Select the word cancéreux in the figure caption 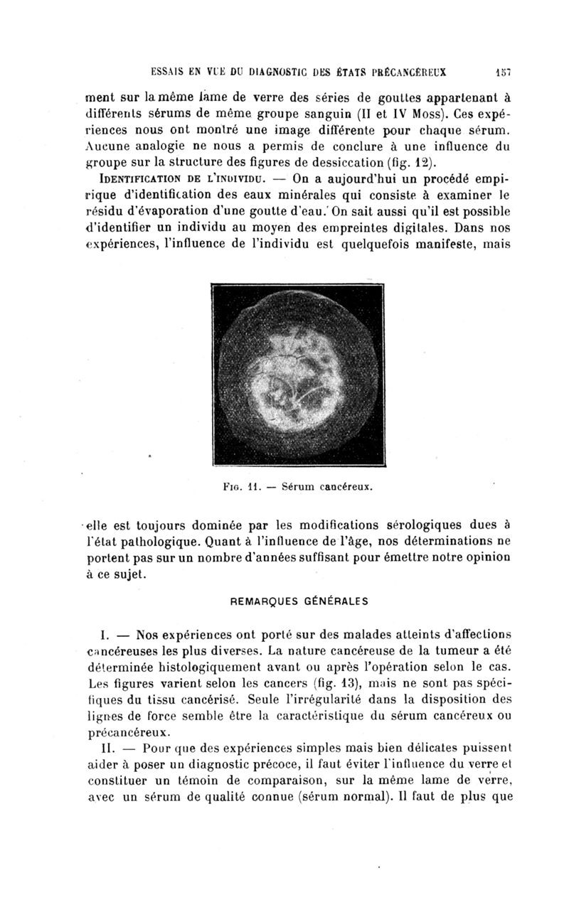tap(346, 488)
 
